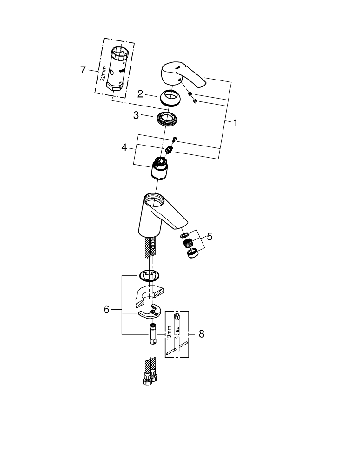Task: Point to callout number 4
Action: pyautogui.click(x=124, y=148)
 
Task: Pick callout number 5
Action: pyautogui.click(x=209, y=237)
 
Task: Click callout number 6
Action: pyautogui.click(x=106, y=309)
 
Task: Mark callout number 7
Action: pyautogui.click(x=83, y=70)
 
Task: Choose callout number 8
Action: pyautogui.click(x=201, y=333)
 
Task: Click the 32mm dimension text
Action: pyautogui.click(x=103, y=73)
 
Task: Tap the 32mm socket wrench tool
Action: pyautogui.click(x=119, y=67)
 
